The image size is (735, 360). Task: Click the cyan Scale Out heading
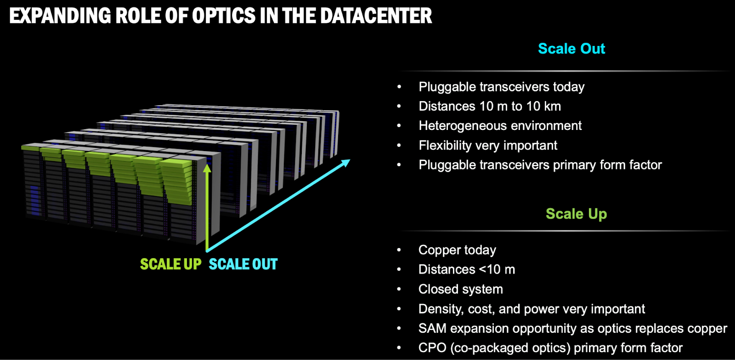pyautogui.click(x=571, y=49)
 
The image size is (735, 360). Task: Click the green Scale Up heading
pyautogui.click(x=576, y=214)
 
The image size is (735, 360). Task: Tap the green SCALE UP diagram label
pyautogui.click(x=170, y=264)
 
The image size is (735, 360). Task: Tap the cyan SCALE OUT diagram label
pyautogui.click(x=243, y=264)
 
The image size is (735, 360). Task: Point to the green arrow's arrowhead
pyautogui.click(x=207, y=169)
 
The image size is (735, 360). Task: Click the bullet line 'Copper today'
pyautogui.click(x=457, y=250)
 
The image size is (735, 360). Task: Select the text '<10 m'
pyautogui.click(x=497, y=270)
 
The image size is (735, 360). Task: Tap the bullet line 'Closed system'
pyautogui.click(x=460, y=289)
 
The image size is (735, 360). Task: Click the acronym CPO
pyautogui.click(x=432, y=348)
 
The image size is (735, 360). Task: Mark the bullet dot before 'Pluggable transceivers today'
pyautogui.click(x=399, y=87)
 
